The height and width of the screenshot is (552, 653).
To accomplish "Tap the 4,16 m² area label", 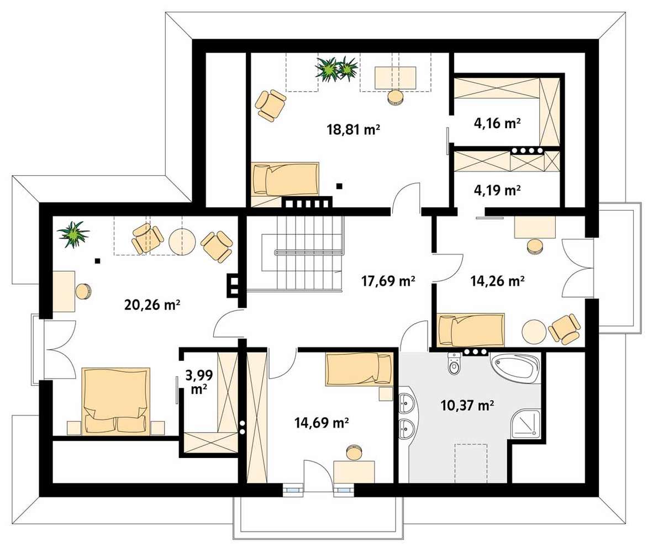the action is click(x=497, y=123).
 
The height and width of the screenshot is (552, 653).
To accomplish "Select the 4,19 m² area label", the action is click(x=497, y=191).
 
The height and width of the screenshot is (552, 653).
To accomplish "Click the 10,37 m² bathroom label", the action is click(x=467, y=405).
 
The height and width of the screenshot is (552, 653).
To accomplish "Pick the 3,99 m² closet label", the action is click(x=199, y=382).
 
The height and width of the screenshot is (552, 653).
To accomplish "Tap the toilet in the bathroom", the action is click(x=454, y=363).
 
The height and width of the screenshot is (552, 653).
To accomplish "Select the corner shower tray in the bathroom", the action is click(x=526, y=424).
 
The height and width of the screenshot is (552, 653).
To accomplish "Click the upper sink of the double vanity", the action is click(x=406, y=403).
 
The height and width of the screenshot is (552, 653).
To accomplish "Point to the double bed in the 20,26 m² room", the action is click(x=116, y=401).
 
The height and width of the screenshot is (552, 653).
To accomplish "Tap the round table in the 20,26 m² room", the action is click(x=182, y=241).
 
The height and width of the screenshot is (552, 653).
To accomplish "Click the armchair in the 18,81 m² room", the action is click(x=271, y=105).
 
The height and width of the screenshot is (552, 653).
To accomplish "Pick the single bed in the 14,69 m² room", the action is click(x=359, y=369).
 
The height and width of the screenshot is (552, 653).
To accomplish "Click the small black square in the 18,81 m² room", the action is click(x=340, y=186).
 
